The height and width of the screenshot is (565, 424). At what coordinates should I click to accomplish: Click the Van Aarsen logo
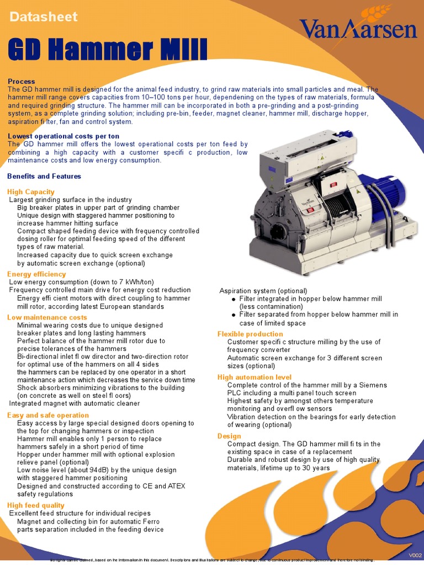click(x=358, y=28)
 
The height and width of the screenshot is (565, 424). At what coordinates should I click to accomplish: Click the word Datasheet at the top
click(x=43, y=17)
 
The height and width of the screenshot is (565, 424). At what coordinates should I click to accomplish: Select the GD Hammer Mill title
click(x=108, y=50)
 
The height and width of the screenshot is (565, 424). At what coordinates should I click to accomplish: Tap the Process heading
click(x=22, y=81)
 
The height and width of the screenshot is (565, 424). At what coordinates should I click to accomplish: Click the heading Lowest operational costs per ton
click(x=63, y=136)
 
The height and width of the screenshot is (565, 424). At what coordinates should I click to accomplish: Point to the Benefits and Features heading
click(x=44, y=176)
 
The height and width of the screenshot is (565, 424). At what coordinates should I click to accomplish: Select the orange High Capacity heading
click(x=30, y=191)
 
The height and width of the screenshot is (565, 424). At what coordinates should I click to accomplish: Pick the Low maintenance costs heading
click(x=47, y=317)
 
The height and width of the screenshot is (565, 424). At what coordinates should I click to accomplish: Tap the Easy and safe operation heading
click(x=47, y=415)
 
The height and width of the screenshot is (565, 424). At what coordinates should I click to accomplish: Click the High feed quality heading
click(x=35, y=505)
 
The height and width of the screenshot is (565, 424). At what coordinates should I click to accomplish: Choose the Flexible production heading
click(x=250, y=334)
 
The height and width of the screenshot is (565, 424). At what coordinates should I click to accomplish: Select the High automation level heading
click(x=255, y=377)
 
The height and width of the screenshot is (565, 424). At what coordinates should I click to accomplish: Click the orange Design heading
click(x=229, y=436)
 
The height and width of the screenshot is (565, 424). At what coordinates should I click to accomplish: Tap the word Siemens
click(x=373, y=385)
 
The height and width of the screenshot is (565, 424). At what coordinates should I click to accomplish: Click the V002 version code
click(x=415, y=555)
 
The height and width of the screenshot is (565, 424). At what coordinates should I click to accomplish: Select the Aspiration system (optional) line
click(x=263, y=291)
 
